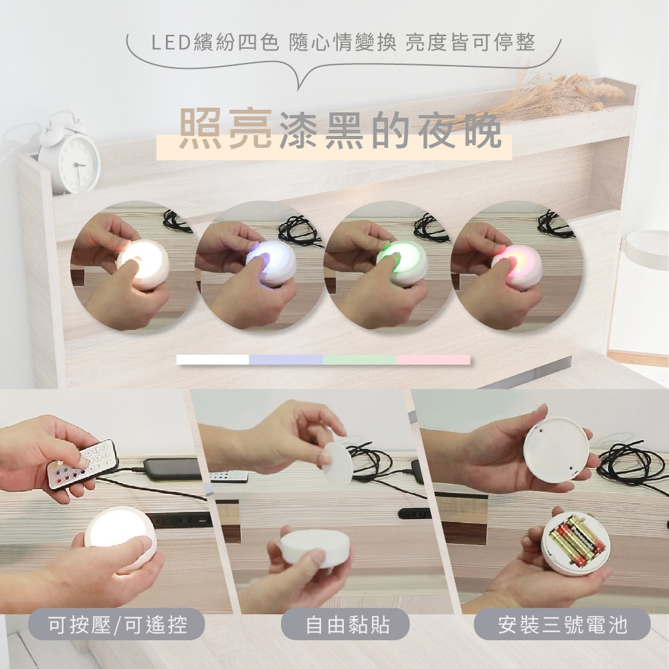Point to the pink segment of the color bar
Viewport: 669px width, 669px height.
coord(433,360)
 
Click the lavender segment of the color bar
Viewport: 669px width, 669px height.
coord(286,360)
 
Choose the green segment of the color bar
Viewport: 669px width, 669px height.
coord(359,360)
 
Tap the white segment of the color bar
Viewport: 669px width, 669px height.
coord(213,360)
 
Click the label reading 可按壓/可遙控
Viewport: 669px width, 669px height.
coord(118,626)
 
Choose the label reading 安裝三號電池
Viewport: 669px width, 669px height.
coord(562,626)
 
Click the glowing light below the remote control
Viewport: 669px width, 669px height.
coord(120,535)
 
